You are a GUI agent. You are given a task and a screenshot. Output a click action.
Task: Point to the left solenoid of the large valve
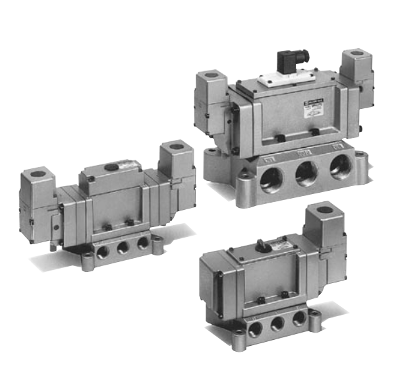[x=213, y=106]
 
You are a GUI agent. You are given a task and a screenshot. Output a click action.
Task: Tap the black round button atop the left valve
[x=113, y=168]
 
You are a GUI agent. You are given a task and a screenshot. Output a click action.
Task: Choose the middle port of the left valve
[x=123, y=247]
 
